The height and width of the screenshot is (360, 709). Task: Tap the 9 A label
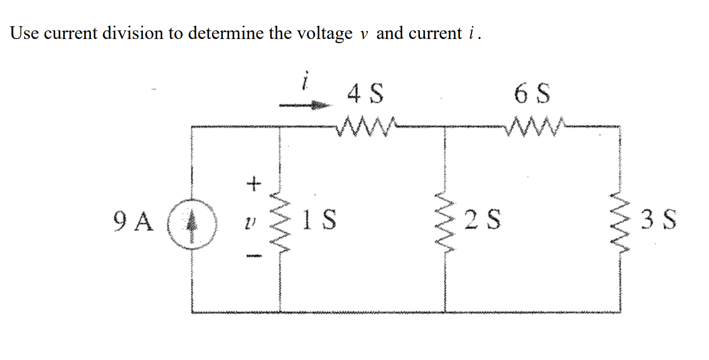134,221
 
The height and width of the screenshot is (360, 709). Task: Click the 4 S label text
365,94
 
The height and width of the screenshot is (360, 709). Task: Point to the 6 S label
533,94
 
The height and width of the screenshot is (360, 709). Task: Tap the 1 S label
320,220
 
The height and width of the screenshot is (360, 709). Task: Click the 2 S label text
482,220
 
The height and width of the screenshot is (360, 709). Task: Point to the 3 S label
658,220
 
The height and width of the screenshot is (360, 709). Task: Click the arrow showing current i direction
304,106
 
